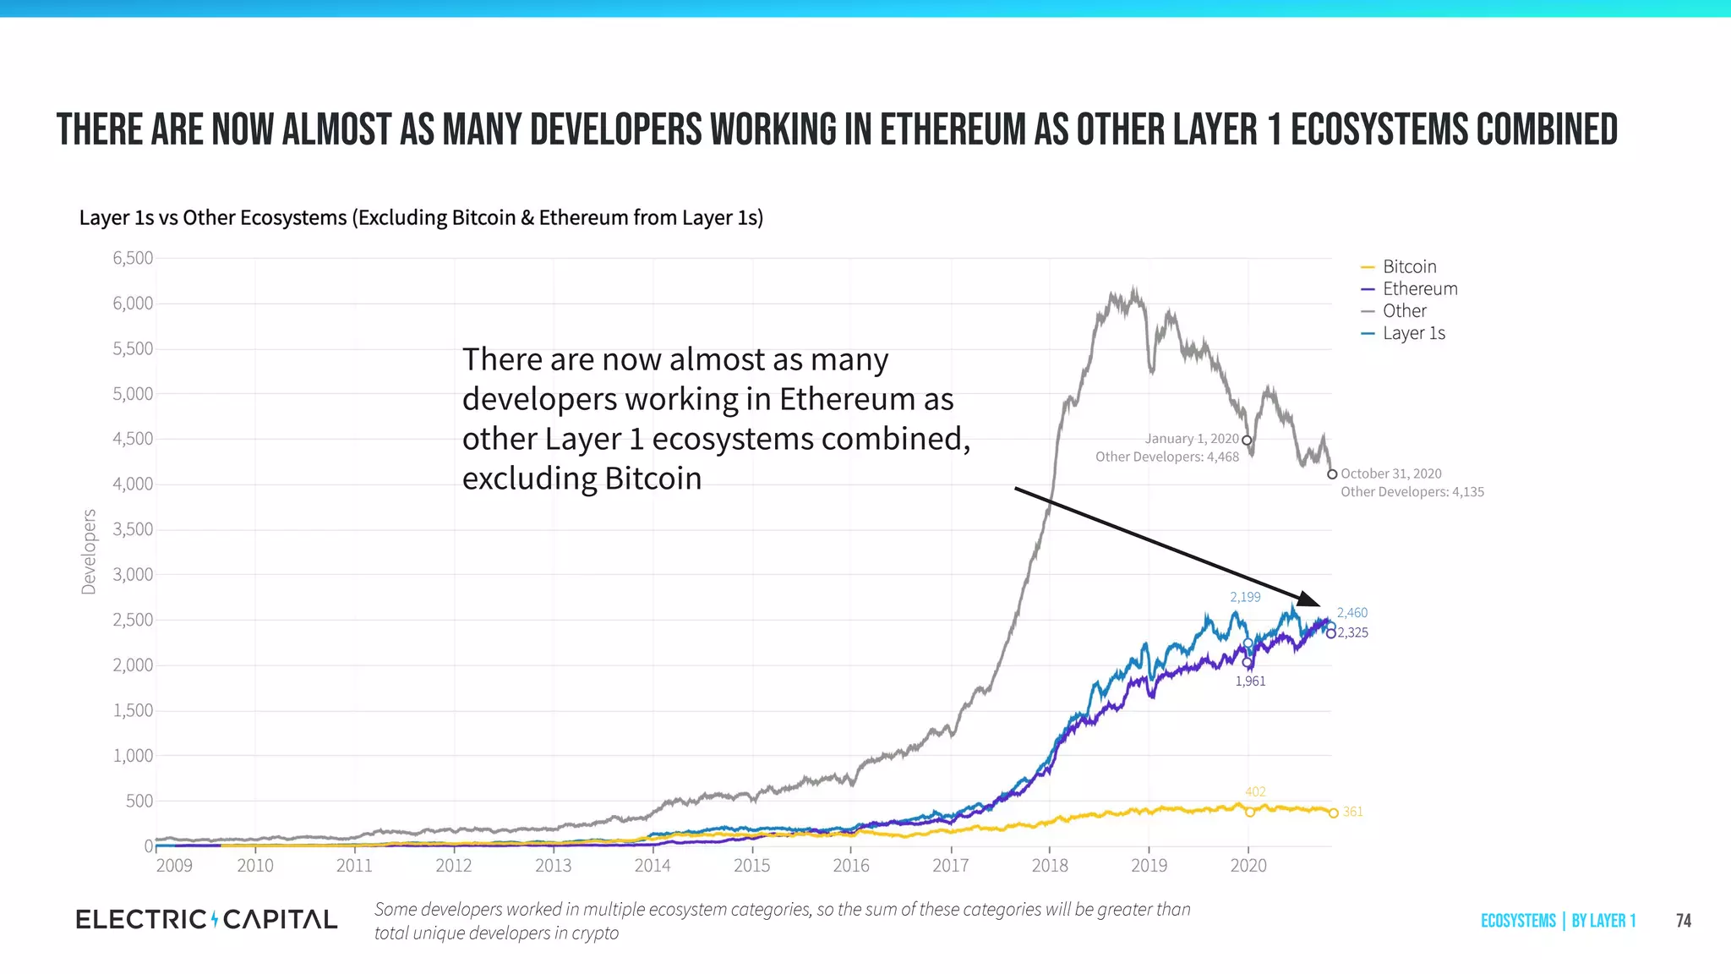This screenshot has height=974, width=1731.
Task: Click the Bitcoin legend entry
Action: (x=1408, y=267)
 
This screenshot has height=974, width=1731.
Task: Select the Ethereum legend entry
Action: (x=1419, y=289)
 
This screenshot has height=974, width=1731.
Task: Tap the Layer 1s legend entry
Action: (x=1413, y=333)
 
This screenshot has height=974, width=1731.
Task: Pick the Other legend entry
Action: (x=1404, y=311)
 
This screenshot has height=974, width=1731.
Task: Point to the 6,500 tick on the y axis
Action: (x=133, y=258)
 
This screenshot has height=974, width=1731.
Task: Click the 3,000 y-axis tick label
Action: (x=133, y=575)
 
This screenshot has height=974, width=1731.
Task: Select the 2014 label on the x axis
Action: (x=652, y=866)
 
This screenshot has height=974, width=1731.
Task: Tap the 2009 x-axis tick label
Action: (x=174, y=866)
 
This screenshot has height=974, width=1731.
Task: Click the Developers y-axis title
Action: (x=89, y=551)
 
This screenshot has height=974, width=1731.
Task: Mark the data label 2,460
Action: (x=1351, y=613)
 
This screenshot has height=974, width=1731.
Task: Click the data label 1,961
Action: (x=1250, y=681)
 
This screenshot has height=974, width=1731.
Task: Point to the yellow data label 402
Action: (x=1255, y=792)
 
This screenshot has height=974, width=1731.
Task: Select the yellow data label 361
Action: (x=1352, y=812)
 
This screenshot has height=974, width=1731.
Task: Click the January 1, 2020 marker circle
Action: (x=1247, y=440)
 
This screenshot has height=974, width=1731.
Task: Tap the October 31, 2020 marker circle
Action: (x=1332, y=474)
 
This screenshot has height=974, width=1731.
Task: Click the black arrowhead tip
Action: (x=1319, y=605)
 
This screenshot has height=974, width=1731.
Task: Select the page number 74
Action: (x=1683, y=921)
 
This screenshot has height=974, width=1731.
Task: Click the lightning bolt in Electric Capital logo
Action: (x=215, y=919)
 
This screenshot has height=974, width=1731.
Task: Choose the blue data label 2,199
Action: (x=1245, y=597)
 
